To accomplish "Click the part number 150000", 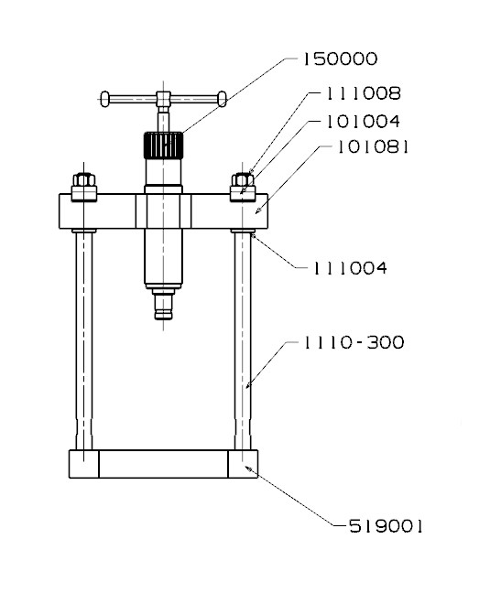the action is pos(340,59).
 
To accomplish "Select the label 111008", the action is pos(364,93).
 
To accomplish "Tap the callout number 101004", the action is pos(364,122).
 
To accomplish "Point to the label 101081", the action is pos(373,146).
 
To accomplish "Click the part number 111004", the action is pos(350,268).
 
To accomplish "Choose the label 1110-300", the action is pos(354,342).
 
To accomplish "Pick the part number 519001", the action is pos(386,526).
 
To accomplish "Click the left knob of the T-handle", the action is pos(104,99).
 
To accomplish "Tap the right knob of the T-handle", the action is pos(223,99).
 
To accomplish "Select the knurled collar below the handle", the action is pos(163,146).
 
